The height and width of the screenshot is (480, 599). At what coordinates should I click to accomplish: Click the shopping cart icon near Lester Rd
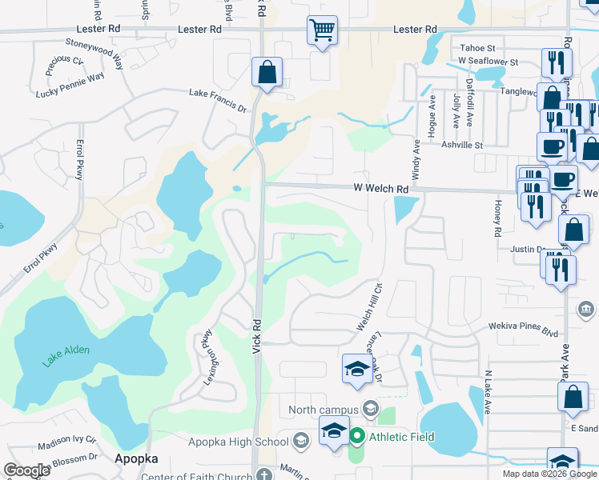tap(322, 31)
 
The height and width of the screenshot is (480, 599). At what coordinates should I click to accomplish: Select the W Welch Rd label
tap(381, 189)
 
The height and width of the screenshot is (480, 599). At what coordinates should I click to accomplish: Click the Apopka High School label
tap(239, 442)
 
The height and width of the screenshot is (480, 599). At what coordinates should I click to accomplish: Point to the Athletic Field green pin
tap(357, 437)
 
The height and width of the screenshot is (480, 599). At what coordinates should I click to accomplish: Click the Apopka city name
tap(135, 458)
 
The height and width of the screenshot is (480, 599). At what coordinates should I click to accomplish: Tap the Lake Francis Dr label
tap(218, 98)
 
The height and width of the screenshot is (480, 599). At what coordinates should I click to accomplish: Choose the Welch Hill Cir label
tap(370, 306)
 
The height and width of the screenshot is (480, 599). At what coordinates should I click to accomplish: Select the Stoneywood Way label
tap(95, 51)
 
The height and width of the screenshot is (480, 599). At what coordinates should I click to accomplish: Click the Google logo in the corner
tap(26, 470)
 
